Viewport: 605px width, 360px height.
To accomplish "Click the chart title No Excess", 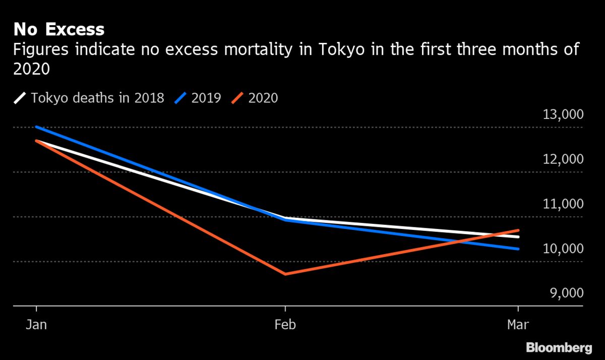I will (58, 30).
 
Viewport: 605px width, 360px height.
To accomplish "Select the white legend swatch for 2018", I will (21, 97).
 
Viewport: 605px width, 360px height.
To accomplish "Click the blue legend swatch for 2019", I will (181, 97).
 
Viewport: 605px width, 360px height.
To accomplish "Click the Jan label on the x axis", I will (36, 325).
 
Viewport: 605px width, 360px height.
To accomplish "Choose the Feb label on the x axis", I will (285, 325).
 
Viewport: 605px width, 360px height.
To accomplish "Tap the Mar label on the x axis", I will (518, 325).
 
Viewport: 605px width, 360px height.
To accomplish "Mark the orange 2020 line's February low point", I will (286, 274).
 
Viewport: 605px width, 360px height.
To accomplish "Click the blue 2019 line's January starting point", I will (37, 127).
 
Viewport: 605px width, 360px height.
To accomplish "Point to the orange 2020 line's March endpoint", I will (518, 230).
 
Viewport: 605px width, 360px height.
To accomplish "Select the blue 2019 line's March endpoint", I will (518, 249).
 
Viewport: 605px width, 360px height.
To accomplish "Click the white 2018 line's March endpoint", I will (518, 236).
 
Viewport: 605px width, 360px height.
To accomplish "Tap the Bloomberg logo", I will (559, 347).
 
